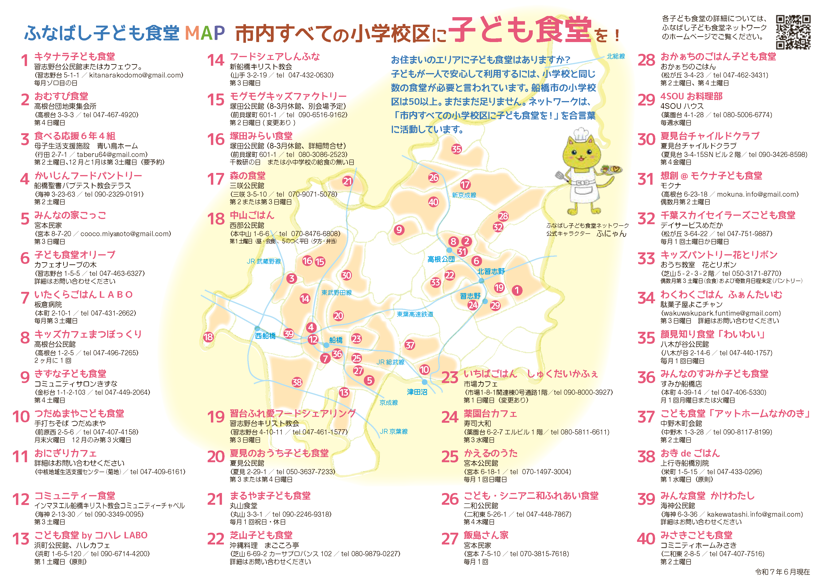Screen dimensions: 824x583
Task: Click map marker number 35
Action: (456, 149)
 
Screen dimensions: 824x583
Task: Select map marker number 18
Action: (208, 337)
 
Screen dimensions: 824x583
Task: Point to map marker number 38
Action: (297, 382)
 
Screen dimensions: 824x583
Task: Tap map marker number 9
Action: (399, 230)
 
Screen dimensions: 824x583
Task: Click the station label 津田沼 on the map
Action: (417, 392)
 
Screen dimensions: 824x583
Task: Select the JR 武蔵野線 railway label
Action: (264, 261)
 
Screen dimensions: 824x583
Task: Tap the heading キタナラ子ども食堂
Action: (75, 57)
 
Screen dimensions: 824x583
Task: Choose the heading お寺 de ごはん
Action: (690, 453)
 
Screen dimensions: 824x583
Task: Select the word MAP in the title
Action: (205, 33)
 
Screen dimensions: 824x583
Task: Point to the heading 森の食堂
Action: (248, 176)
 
